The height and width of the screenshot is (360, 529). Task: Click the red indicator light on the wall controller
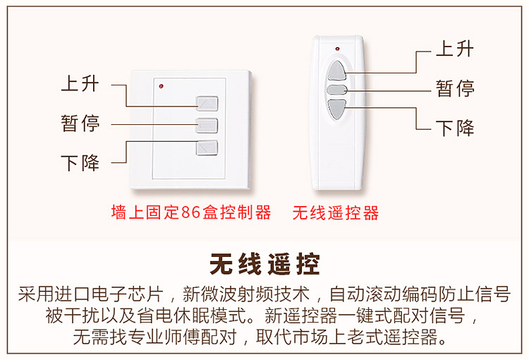click(x=162, y=87)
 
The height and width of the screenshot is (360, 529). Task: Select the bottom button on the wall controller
click(x=207, y=148)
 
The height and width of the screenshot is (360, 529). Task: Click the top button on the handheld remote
click(x=339, y=71)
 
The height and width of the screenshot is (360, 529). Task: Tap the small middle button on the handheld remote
click(x=339, y=90)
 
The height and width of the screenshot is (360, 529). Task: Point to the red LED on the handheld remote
click(x=338, y=49)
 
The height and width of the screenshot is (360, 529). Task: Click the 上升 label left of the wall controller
click(x=80, y=85)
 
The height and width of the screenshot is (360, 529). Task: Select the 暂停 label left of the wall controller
click(x=80, y=124)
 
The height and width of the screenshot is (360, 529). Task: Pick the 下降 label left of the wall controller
click(x=80, y=164)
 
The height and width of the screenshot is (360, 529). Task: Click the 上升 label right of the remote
click(x=455, y=49)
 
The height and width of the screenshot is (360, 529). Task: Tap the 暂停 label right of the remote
click(x=455, y=89)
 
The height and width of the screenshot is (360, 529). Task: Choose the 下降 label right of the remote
click(x=455, y=128)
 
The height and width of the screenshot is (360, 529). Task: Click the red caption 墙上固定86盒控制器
click(x=191, y=212)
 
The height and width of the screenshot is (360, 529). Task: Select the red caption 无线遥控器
click(x=336, y=212)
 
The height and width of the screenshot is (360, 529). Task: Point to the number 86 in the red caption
click(x=190, y=212)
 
